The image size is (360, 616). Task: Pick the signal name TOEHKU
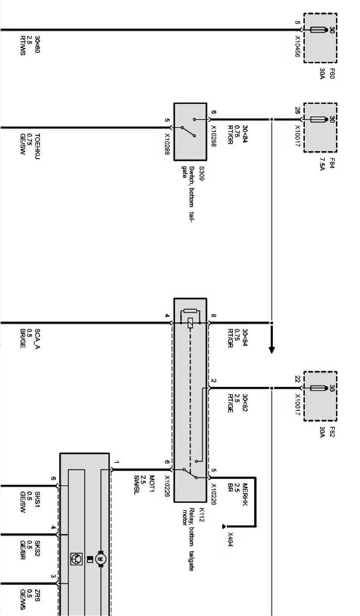[x=37, y=146]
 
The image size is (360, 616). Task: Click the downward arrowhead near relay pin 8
[x=271, y=349]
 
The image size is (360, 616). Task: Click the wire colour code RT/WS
[x=22, y=45]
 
